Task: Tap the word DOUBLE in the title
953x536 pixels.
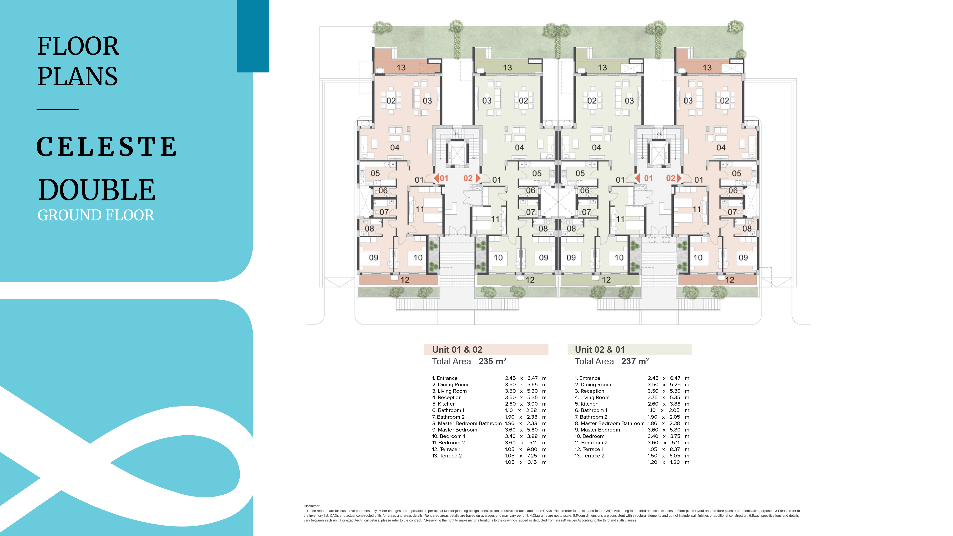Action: (97, 190)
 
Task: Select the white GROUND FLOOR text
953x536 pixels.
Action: (96, 215)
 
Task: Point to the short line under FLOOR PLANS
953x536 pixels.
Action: (58, 109)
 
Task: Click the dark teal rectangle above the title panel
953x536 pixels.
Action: (253, 36)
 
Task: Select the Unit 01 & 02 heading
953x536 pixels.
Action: (457, 350)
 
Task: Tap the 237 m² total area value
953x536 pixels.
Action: (635, 361)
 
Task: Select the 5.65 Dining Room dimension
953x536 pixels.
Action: (532, 384)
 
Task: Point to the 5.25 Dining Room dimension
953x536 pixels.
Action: (675, 384)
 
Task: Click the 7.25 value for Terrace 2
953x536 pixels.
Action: (532, 456)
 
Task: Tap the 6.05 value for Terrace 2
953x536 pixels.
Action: (675, 456)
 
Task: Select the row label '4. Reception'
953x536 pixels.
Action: (447, 397)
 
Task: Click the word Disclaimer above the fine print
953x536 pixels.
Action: (311, 506)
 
